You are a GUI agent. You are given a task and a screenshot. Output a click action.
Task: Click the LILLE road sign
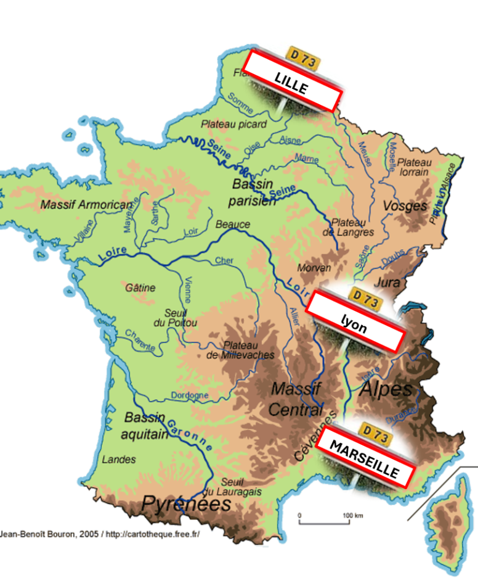pos(293,81)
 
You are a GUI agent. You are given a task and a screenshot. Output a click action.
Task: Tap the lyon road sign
pos(355,321)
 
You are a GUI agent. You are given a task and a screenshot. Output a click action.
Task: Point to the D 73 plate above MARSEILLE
pos(375,433)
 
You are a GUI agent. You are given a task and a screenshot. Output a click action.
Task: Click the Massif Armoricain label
pos(86,204)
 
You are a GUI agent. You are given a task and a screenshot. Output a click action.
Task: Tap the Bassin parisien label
pos(253,192)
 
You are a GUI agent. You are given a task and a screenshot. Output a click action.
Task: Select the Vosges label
pos(405,205)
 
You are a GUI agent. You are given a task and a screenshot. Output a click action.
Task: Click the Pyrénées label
pos(186,505)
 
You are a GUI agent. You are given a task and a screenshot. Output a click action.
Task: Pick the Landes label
pos(119,460)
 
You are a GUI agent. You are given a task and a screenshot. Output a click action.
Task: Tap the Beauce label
pos(233,225)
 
